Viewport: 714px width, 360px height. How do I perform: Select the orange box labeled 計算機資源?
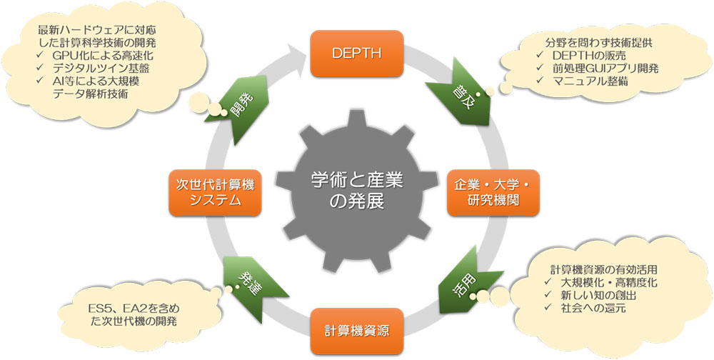click(356, 330)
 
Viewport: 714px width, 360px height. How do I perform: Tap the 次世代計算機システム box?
click(211, 192)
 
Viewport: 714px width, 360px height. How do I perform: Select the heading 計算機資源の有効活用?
click(604, 270)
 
